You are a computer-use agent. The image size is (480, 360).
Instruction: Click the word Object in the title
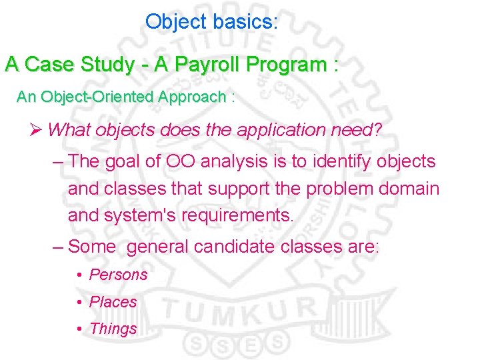pyautogui.click(x=176, y=22)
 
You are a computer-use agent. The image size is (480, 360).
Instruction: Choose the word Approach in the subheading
pyautogui.click(x=193, y=97)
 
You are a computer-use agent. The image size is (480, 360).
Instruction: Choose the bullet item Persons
pyautogui.click(x=118, y=275)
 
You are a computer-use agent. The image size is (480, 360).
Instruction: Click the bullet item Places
pyautogui.click(x=113, y=302)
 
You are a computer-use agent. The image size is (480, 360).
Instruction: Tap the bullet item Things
pyautogui.click(x=113, y=329)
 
